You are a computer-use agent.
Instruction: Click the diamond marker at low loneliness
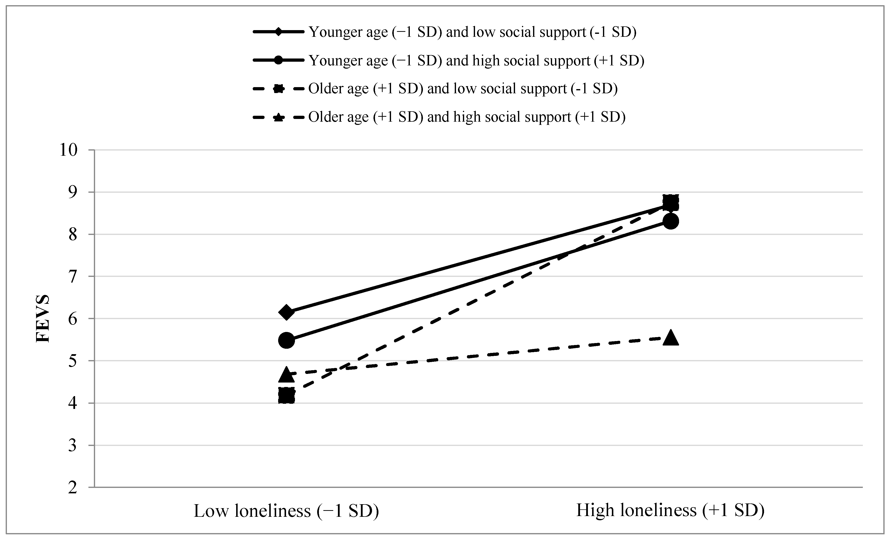[286, 312]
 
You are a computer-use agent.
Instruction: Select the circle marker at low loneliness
[286, 340]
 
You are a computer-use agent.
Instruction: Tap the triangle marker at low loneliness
[286, 375]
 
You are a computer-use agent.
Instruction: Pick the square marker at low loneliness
[286, 396]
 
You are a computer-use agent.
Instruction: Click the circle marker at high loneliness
[670, 221]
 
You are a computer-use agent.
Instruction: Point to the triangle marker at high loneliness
[670, 338]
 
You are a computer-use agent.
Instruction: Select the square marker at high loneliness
[670, 202]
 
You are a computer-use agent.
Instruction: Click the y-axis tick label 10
[68, 150]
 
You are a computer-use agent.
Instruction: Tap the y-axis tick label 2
[73, 488]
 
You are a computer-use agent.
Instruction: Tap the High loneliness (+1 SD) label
[670, 510]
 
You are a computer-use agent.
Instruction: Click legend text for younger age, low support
[472, 32]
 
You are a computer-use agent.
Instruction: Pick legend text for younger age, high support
[476, 60]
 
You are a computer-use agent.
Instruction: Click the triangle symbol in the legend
[278, 117]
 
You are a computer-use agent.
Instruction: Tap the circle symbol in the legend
[278, 60]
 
